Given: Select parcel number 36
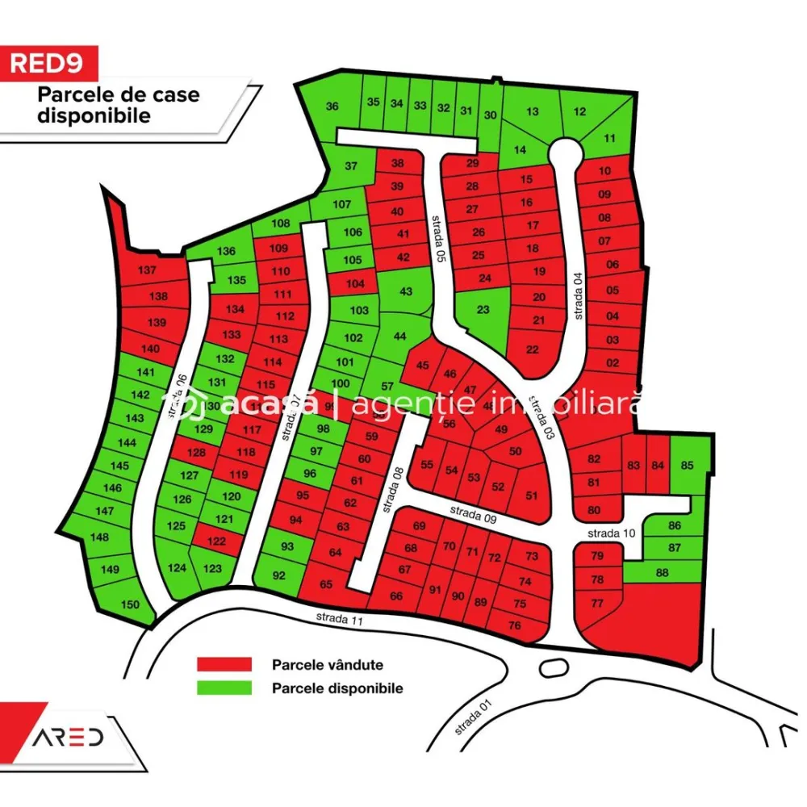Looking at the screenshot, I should point(332,107).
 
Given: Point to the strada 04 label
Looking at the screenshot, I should point(578,294).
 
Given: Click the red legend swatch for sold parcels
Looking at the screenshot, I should point(224,665).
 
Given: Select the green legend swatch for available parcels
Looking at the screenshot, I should point(224,688).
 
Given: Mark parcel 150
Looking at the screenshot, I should point(129,604).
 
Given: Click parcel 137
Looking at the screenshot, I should point(147,270).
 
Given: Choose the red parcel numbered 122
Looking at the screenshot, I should point(215,541).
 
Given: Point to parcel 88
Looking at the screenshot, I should point(663,572).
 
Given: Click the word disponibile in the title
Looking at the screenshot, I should point(94,115).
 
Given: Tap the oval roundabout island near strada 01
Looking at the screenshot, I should point(552,667).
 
